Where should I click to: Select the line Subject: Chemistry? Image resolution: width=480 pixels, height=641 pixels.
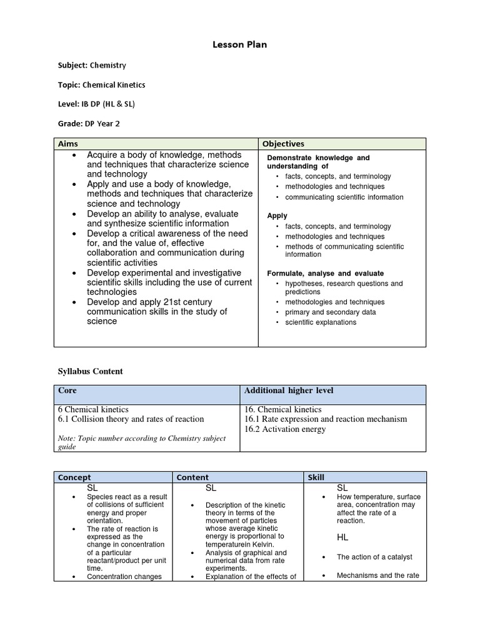92,65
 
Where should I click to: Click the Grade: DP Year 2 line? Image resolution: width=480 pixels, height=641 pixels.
89,123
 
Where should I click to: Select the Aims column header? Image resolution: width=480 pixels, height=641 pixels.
68,144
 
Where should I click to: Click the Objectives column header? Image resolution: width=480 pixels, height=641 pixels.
283,144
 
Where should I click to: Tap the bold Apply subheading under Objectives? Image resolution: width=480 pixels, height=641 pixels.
277,215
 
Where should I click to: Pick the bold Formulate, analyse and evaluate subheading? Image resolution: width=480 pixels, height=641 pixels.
325,274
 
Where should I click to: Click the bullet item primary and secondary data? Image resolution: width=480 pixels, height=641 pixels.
330,312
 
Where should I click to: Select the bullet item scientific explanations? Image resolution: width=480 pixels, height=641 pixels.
321,322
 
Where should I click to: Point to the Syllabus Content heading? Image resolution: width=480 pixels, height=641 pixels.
91,371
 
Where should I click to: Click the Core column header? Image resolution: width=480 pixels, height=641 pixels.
67,391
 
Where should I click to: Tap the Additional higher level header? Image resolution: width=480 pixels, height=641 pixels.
289,391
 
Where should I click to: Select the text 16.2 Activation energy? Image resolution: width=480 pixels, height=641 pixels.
285,429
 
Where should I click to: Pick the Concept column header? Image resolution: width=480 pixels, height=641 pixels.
74,477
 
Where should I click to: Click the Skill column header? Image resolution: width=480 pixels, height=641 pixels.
315,477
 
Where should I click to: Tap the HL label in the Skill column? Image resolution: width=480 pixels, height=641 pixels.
342,537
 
